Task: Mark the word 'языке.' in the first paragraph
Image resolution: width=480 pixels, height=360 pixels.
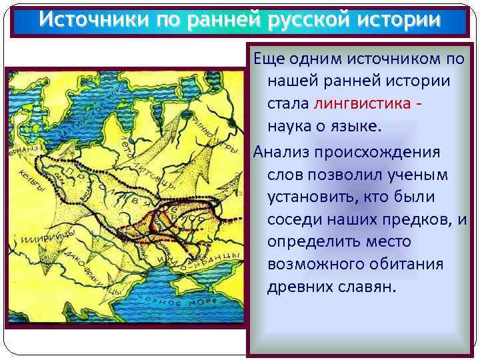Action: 354,127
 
